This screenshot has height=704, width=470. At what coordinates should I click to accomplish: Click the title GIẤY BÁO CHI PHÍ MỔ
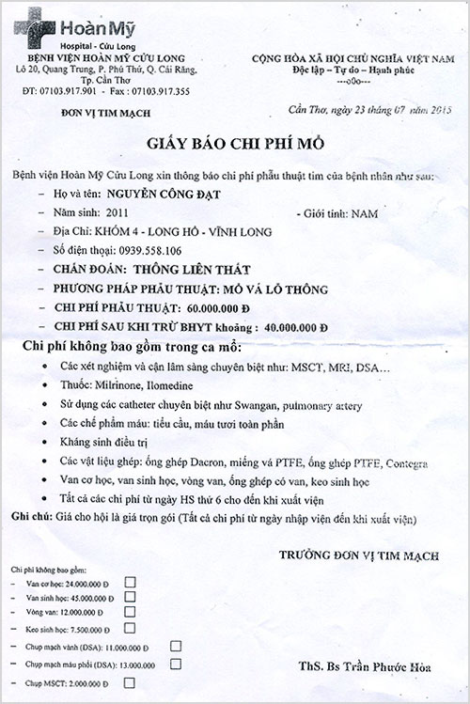pos(234,145)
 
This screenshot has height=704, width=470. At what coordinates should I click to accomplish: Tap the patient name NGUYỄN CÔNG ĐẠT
pos(160,196)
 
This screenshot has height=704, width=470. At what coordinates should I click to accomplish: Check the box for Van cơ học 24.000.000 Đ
pos(129,582)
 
